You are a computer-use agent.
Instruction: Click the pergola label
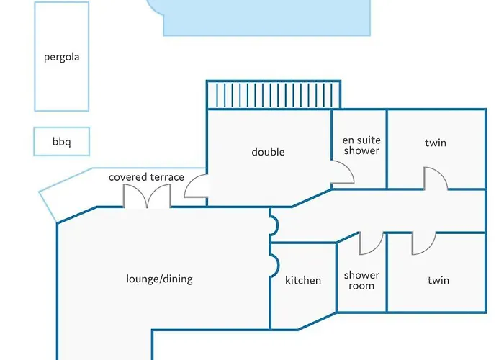tap(61, 57)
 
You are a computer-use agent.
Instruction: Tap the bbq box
tap(61, 142)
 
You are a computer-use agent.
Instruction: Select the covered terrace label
tap(146, 177)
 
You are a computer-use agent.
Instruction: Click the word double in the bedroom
tap(268, 152)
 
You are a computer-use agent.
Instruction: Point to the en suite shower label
tap(361, 145)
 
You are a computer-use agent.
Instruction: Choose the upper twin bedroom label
tap(436, 143)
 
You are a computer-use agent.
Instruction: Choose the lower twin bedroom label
tap(438, 280)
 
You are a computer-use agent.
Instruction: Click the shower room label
tap(361, 280)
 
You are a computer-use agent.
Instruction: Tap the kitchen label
tap(303, 280)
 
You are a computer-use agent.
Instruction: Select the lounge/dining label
tap(159, 279)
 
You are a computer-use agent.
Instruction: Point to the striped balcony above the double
tap(273, 95)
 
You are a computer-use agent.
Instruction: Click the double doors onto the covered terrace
tap(147, 197)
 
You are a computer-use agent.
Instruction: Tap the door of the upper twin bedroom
tap(435, 179)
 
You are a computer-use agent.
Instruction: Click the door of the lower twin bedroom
tap(423, 243)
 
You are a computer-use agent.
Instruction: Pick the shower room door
tap(371, 243)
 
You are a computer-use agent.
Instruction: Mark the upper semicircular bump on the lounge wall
tap(274, 225)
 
